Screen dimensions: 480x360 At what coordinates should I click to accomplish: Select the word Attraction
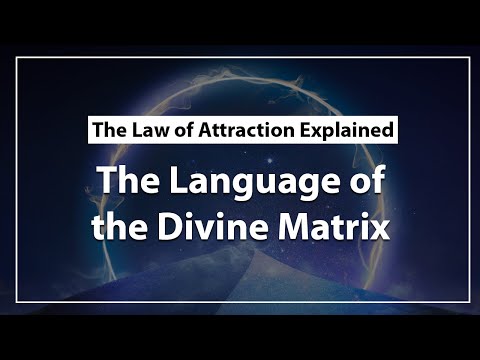pyautogui.click(x=246, y=130)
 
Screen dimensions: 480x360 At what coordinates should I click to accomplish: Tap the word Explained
pyautogui.click(x=347, y=131)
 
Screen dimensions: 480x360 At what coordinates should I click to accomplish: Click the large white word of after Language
pyautogui.click(x=367, y=179)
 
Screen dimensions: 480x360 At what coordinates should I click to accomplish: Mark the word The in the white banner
pyautogui.click(x=110, y=130)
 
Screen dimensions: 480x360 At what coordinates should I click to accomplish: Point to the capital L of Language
pyautogui.click(x=179, y=180)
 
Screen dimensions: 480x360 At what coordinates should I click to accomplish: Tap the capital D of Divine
pyautogui.click(x=171, y=225)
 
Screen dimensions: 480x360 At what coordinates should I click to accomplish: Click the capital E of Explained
pyautogui.click(x=305, y=130)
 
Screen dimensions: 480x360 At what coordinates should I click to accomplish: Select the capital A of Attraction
pyautogui.click(x=205, y=130)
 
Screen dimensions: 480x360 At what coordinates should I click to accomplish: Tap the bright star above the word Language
pyautogui.click(x=269, y=161)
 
